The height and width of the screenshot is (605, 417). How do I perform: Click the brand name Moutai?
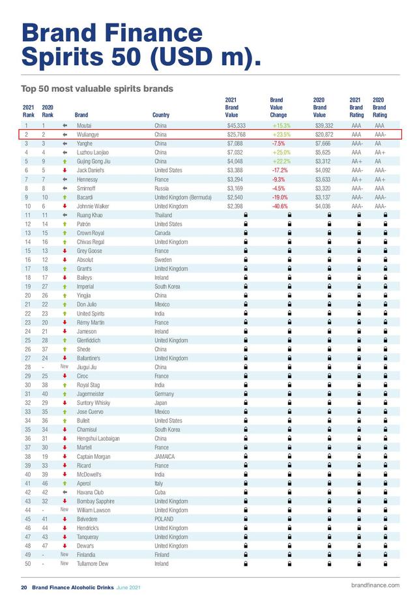(x=84, y=125)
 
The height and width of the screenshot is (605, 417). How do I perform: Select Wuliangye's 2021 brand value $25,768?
(x=236, y=134)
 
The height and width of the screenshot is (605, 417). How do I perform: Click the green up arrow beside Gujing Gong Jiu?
(x=65, y=161)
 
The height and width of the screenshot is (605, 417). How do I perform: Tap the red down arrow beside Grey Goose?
(x=65, y=250)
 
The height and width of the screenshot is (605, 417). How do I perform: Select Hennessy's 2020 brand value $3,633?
(x=324, y=179)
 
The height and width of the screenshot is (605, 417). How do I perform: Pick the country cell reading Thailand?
(x=164, y=215)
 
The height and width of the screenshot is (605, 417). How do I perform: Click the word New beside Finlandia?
(x=65, y=555)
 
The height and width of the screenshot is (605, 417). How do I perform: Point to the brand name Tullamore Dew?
(x=93, y=564)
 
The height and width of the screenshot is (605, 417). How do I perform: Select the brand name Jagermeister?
(x=92, y=394)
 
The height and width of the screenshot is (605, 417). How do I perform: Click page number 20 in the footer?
(x=23, y=587)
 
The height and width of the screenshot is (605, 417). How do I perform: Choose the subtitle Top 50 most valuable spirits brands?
(x=97, y=88)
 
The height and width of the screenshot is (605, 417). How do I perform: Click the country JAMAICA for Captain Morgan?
(x=165, y=456)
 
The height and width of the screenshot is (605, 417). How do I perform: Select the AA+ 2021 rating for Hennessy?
(x=356, y=179)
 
